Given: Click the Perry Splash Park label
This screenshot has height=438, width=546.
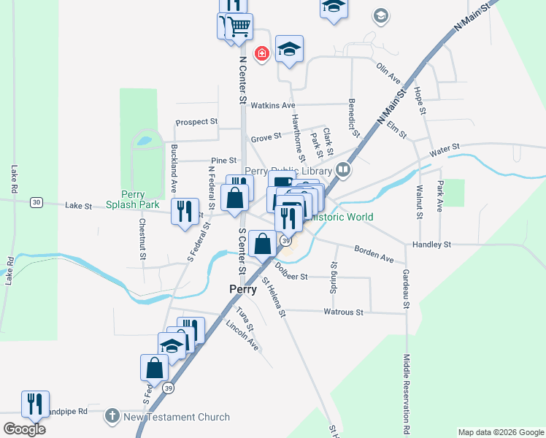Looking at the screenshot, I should click(133, 200).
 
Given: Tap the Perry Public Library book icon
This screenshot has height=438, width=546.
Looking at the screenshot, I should click(343, 171).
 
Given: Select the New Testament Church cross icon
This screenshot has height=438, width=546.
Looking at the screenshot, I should click(112, 416).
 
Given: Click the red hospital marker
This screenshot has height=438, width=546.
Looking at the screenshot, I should click(261, 53).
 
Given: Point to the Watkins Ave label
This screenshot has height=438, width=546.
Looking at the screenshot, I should click(272, 106).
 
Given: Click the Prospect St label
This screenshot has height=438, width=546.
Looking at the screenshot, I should click(196, 122).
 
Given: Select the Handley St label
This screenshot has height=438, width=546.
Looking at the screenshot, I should click(432, 245).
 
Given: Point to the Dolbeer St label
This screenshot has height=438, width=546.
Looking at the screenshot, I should click(293, 277).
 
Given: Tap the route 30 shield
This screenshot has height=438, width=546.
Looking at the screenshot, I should click(36, 202).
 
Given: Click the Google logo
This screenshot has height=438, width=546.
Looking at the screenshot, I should click(24, 429).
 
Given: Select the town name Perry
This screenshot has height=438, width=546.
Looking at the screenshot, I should click(242, 289).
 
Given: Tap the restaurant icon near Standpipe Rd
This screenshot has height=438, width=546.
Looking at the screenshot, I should click(35, 402).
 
